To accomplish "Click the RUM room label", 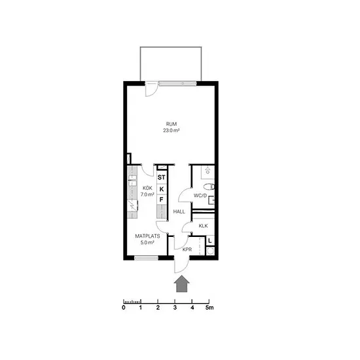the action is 171,124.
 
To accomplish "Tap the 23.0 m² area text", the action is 171,130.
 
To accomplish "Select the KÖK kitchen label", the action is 147,188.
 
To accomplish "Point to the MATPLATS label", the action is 147,236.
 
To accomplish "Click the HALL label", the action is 179,211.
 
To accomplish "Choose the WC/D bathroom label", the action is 200,196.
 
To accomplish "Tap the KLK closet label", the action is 203,226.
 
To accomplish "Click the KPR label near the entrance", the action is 187,249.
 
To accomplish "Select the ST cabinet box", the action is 162,177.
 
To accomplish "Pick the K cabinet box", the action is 162,189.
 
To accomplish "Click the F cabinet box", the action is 162,200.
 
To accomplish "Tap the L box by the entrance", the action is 210,241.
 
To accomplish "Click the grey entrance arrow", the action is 183,284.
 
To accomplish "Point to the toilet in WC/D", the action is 209,187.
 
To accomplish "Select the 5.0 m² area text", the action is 147,242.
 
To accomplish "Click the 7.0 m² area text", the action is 147,194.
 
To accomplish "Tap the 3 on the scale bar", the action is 175,308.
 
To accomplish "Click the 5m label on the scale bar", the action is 209,308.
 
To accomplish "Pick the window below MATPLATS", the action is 146,258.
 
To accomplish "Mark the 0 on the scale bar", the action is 124,308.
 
